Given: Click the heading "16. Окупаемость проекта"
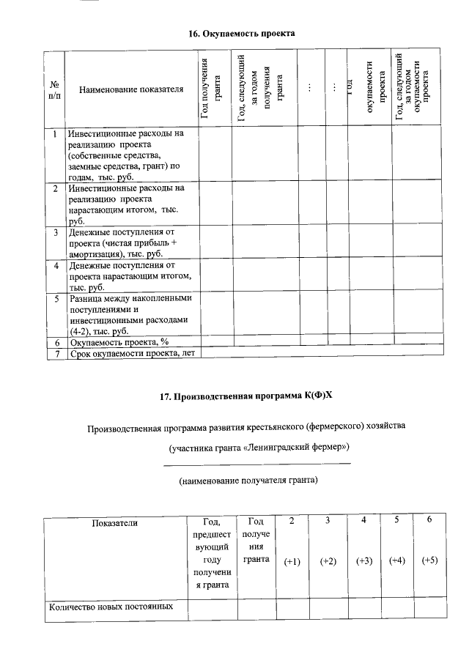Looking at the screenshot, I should point(242,34).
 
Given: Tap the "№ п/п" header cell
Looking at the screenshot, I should point(53,89).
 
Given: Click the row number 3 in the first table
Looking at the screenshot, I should point(56,233).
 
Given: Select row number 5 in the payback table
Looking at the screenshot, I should point(56,299).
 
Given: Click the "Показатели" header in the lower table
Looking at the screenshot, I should point(114,522).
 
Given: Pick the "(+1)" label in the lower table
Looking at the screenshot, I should point(292,560).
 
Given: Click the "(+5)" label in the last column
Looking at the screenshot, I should point(429,560).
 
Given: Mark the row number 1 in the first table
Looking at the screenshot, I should point(56,134).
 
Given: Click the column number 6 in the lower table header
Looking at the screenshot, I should point(429,520).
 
